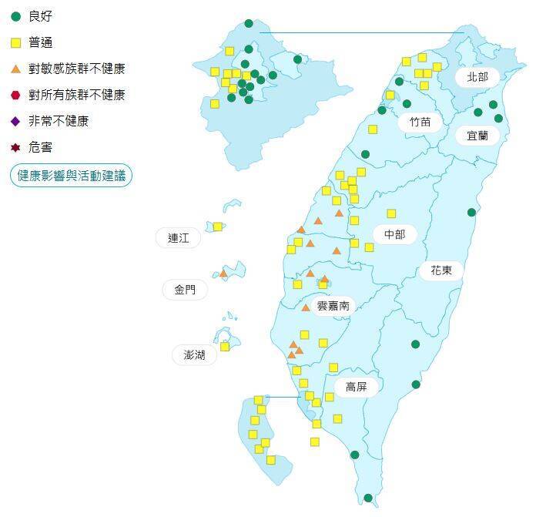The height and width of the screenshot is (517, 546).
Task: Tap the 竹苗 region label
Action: point(420,121)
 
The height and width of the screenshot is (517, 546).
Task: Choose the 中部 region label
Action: point(394,234)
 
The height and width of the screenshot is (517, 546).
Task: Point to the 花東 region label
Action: point(441,270)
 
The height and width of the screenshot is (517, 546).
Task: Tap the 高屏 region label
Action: point(356,387)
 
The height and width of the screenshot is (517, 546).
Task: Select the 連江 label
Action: point(178,238)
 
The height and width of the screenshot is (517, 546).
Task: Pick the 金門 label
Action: point(185,290)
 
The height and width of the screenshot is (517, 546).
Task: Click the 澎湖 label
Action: point(194,355)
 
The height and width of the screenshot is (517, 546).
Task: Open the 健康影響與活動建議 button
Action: point(71,176)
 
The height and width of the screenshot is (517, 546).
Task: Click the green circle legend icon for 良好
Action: point(15,16)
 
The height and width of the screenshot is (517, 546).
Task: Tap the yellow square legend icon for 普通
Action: point(15,42)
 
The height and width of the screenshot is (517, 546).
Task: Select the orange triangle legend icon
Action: point(15,69)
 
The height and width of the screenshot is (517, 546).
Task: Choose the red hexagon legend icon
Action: point(15,95)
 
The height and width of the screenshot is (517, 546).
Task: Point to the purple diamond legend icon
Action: point(15,121)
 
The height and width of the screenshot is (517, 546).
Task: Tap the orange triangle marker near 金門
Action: point(223,274)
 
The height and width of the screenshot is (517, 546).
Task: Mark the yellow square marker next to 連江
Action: point(218,227)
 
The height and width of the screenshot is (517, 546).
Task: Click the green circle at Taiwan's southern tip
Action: point(368,498)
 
